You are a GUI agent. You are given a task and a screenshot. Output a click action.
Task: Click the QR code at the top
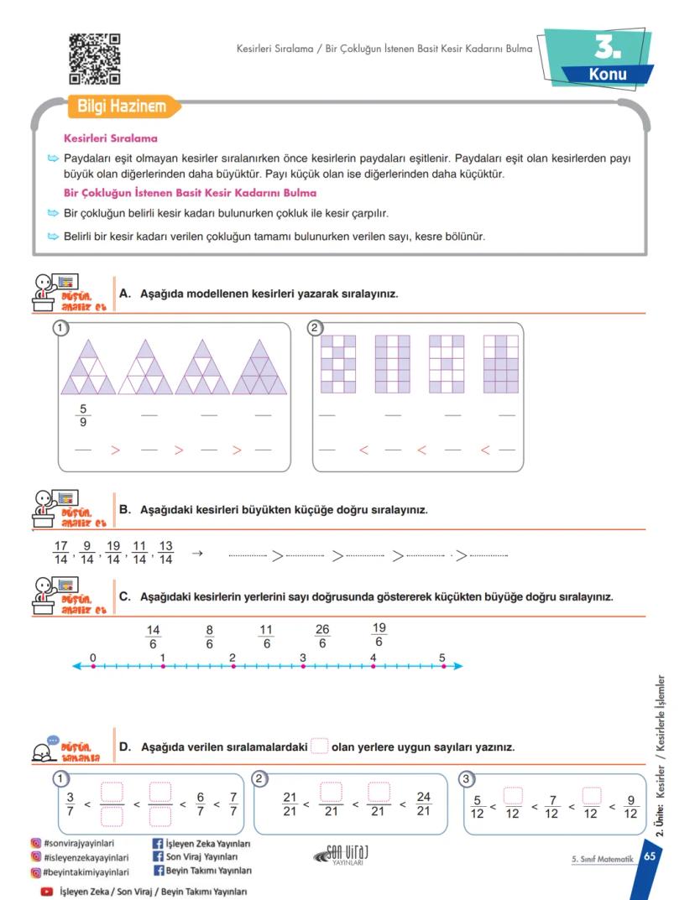pyautogui.click(x=94, y=59)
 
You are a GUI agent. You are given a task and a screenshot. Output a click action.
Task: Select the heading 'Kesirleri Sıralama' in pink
pyautogui.click(x=111, y=138)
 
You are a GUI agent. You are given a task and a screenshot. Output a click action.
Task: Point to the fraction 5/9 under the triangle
pyautogui.click(x=82, y=416)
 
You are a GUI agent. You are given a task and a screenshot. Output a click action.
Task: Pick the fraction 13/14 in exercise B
pyautogui.click(x=165, y=553)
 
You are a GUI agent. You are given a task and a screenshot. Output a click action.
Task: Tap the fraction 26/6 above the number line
pyautogui.click(x=322, y=637)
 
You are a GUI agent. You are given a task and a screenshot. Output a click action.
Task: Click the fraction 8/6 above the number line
pyautogui.click(x=210, y=637)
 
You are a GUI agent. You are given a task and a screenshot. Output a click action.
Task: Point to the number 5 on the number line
pyautogui.click(x=442, y=657)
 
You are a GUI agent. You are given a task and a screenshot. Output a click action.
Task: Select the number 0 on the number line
pyautogui.click(x=92, y=657)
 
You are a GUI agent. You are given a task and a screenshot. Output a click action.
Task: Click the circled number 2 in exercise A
pyautogui.click(x=316, y=327)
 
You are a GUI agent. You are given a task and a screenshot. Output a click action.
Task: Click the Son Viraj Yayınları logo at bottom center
pyautogui.click(x=342, y=855)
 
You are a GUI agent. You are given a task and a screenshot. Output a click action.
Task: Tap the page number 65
pyautogui.click(x=650, y=857)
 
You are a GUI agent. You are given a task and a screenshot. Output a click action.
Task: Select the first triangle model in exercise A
pyautogui.click(x=88, y=367)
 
